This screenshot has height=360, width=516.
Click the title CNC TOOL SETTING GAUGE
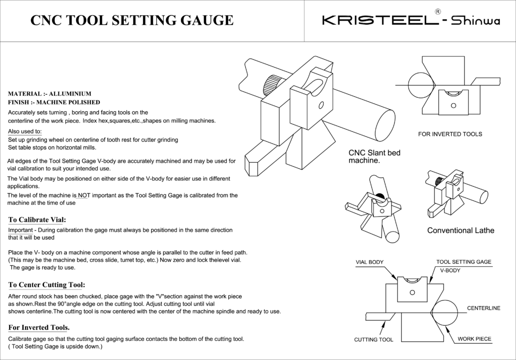point(132,20)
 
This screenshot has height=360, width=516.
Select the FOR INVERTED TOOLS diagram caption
point(450,134)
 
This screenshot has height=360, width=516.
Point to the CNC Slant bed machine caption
point(374,157)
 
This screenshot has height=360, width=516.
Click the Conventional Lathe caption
point(461,231)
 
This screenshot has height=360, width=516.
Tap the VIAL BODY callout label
point(369,262)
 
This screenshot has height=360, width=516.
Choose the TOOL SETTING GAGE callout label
point(464,262)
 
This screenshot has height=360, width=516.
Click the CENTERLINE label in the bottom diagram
point(483,308)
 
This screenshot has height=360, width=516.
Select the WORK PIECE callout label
point(474,339)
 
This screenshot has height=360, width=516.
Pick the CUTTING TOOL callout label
point(373,340)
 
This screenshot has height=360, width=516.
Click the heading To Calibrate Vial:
point(37,220)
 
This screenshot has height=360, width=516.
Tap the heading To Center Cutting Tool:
point(46,284)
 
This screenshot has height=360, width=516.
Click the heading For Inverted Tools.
point(39,328)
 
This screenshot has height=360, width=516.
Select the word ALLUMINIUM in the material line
point(70,94)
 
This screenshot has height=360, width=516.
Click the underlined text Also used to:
point(25,131)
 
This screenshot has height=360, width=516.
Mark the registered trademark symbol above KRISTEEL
point(438,11)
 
